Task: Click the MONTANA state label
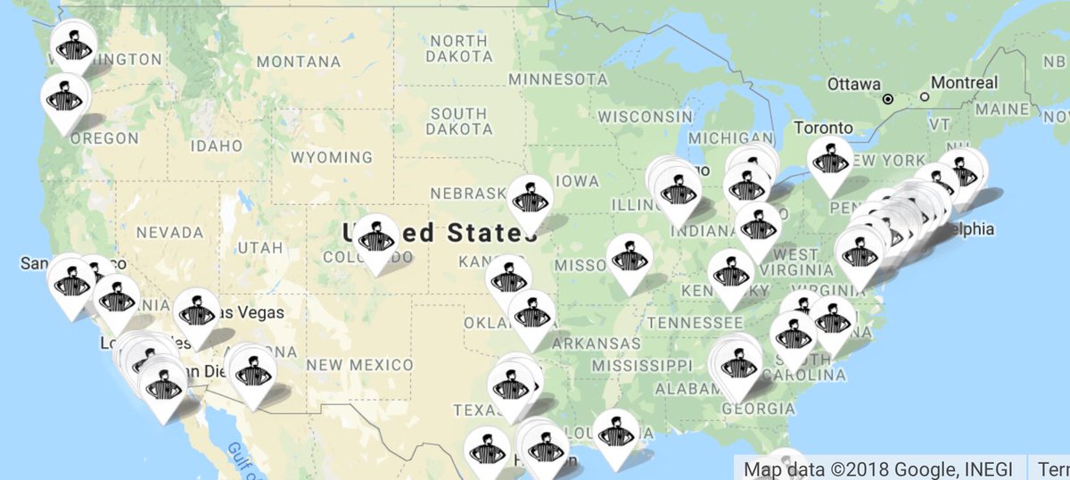[298, 62]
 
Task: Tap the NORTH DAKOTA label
[458, 48]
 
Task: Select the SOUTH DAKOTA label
[458, 121]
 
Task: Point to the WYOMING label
[331, 158]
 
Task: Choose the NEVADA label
[169, 232]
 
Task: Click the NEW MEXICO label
[359, 365]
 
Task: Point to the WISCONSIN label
[646, 116]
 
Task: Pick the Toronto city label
[823, 128]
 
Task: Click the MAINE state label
[1003, 109]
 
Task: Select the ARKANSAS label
[596, 343]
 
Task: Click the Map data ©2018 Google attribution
[880, 468]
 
